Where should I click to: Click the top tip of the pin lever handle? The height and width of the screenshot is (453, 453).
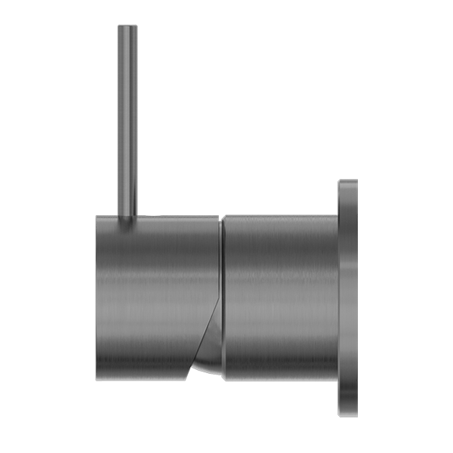(x=128, y=28)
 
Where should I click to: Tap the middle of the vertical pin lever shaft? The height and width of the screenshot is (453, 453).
(x=128, y=121)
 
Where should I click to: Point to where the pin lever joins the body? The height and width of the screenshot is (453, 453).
(x=128, y=218)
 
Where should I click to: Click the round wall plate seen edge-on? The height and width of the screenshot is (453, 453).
(x=348, y=298)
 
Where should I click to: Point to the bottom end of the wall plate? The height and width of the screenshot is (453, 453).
(x=348, y=414)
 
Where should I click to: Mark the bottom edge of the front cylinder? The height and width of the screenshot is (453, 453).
(x=143, y=376)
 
